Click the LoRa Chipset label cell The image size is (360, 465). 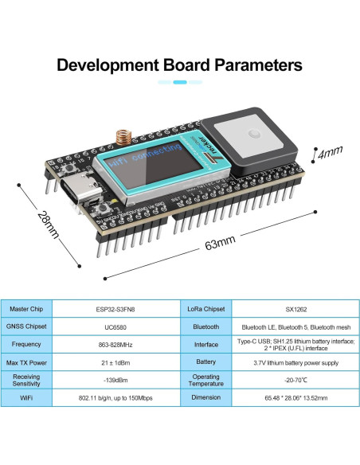(x=205, y=308)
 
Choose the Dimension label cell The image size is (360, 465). (x=205, y=398)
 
